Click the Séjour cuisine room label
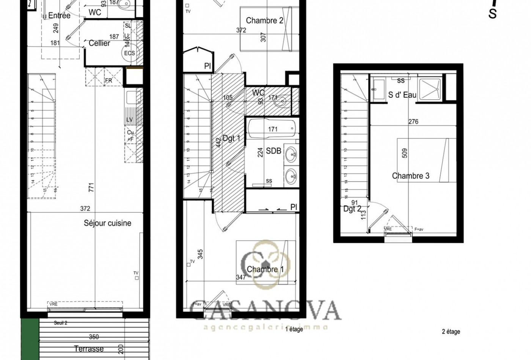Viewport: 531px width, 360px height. pyautogui.click(x=107, y=223)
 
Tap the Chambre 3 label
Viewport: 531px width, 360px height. pyautogui.click(x=410, y=176)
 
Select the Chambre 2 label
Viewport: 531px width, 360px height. pyautogui.click(x=264, y=20)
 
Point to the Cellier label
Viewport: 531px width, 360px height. pyautogui.click(x=99, y=43)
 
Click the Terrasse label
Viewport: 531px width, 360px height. pyautogui.click(x=89, y=349)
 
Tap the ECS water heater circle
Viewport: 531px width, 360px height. pyautogui.click(x=129, y=53)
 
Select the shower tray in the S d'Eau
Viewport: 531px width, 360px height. pyautogui.click(x=431, y=86)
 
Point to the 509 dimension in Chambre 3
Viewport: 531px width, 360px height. pyautogui.click(x=405, y=153)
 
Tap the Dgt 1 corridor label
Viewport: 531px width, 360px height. pyautogui.click(x=231, y=138)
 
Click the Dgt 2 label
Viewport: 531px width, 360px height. pyautogui.click(x=352, y=209)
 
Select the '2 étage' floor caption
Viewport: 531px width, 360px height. pyautogui.click(x=451, y=332)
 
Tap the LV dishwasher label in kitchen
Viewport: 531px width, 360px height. pyautogui.click(x=130, y=120)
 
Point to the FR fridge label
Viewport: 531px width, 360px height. pyautogui.click(x=108, y=81)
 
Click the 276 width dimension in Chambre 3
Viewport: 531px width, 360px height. pyautogui.click(x=413, y=122)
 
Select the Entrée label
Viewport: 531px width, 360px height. pyautogui.click(x=59, y=16)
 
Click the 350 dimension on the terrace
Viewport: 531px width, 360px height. pyautogui.click(x=94, y=337)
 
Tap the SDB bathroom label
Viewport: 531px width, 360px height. pyautogui.click(x=273, y=151)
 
